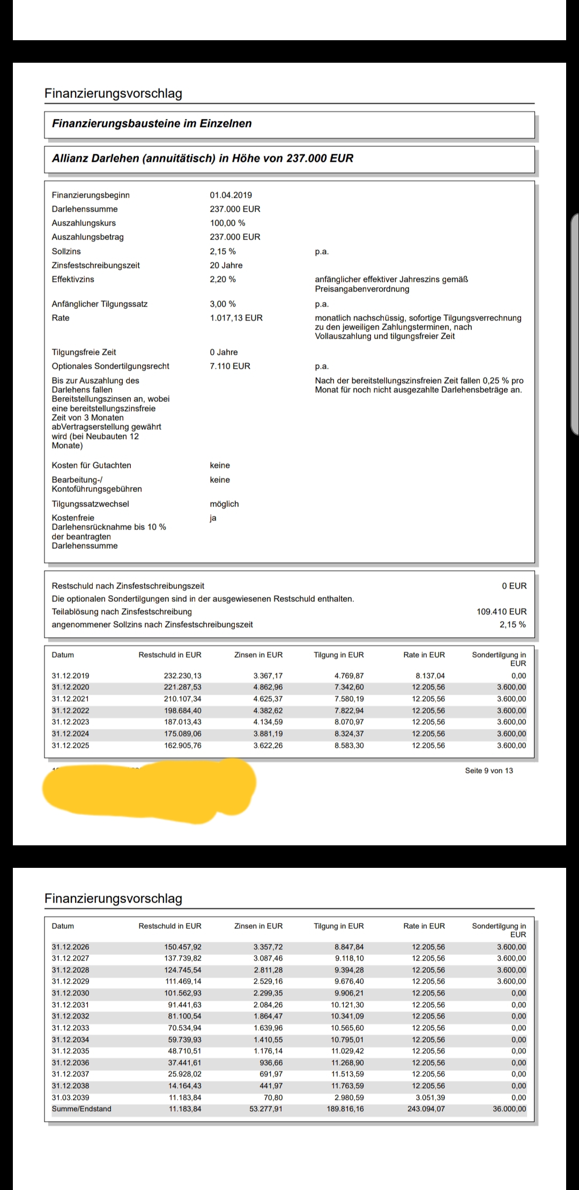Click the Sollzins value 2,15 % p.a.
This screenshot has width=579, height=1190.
(x=222, y=251)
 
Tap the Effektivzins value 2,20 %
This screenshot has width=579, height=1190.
(x=222, y=279)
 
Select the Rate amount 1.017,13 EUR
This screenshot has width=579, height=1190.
(x=236, y=318)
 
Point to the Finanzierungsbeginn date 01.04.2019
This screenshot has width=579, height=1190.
(x=231, y=195)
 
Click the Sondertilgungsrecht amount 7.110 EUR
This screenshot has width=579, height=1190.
(x=230, y=366)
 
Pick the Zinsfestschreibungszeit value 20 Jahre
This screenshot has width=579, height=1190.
(x=226, y=265)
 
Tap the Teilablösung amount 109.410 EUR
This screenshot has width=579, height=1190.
(x=501, y=612)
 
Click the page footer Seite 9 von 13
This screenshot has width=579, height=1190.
(x=488, y=771)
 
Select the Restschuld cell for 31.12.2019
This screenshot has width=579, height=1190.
(x=182, y=676)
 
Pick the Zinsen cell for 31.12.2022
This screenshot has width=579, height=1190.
(x=268, y=711)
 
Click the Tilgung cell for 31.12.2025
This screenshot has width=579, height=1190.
(x=348, y=746)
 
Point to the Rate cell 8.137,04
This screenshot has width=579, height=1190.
(x=428, y=676)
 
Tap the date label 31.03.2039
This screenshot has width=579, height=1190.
(x=70, y=1097)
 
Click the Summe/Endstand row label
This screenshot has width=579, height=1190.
(x=81, y=1109)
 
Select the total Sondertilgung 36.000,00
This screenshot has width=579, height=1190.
(x=509, y=1109)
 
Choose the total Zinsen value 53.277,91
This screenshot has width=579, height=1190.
(x=266, y=1109)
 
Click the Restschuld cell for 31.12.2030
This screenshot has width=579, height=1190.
(x=183, y=993)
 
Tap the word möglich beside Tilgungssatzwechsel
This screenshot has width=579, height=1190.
(x=224, y=504)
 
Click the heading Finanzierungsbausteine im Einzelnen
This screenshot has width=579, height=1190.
(x=152, y=124)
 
